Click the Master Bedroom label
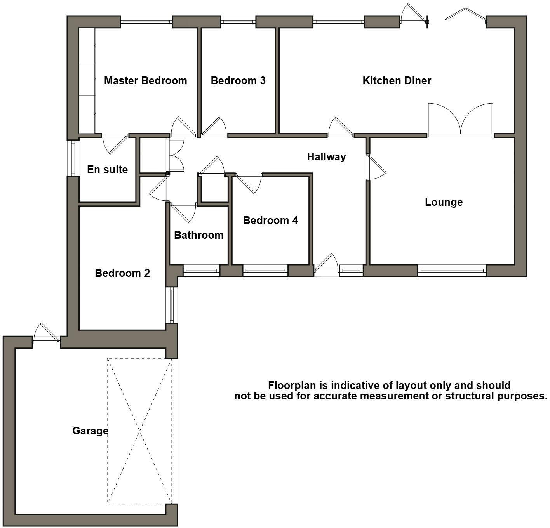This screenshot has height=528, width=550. coord(145,81)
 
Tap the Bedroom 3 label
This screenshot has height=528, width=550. coord(238,81)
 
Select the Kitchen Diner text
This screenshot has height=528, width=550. coord(397,81)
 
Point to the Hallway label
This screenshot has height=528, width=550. coord(326,157)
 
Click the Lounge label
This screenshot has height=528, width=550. coord(444,202)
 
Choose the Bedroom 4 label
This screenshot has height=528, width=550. coord(270,221)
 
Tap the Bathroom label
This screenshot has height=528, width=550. coord(198,235)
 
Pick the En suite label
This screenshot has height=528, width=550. coord(107,170)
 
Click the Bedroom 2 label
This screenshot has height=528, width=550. coord(122,273)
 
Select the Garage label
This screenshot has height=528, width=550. coord(90,431)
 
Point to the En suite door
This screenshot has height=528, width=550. coord(115,144)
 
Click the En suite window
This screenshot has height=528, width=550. coord(73,158)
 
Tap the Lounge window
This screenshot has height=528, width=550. coord(452,271)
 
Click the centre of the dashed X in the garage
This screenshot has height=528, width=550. coord(139,431)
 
